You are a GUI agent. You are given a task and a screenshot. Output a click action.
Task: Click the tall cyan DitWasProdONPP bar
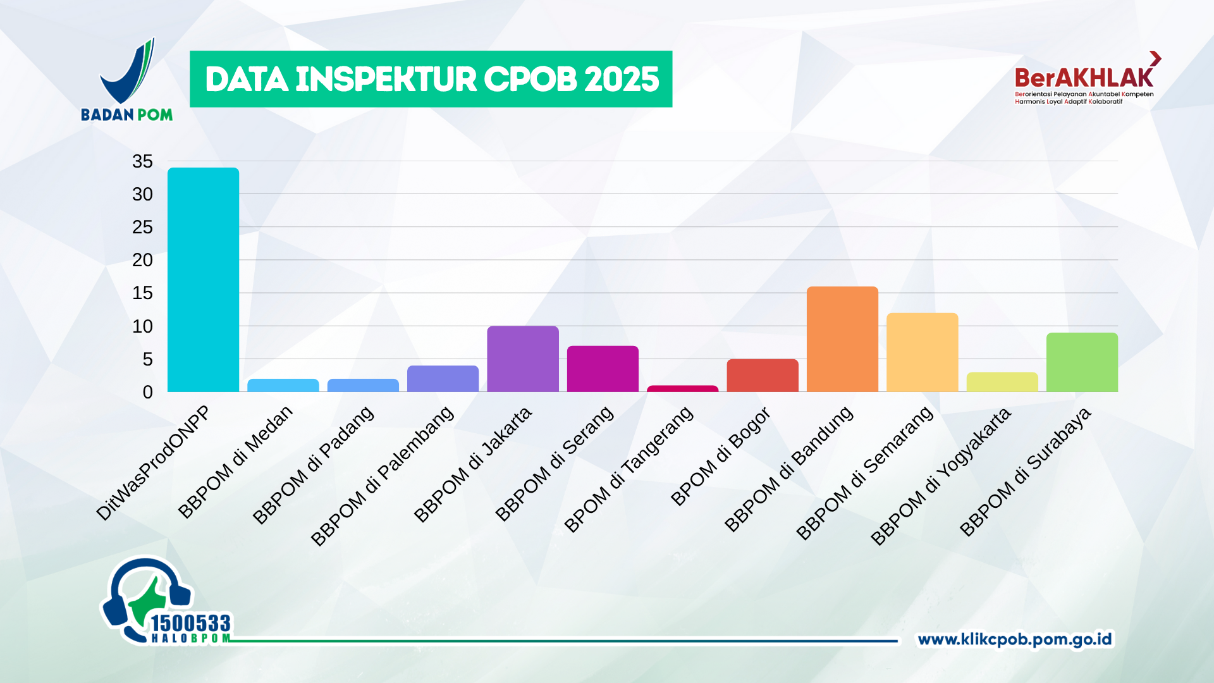click(x=203, y=280)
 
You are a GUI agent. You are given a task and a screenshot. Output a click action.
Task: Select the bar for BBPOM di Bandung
click(x=842, y=339)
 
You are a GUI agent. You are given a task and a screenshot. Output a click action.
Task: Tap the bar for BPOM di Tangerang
click(x=682, y=388)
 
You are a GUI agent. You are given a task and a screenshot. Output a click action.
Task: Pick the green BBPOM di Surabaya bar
click(x=1082, y=362)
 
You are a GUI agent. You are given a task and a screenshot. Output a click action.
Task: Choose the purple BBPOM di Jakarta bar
click(x=523, y=359)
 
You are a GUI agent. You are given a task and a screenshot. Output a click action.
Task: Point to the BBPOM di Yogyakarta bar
click(x=1002, y=382)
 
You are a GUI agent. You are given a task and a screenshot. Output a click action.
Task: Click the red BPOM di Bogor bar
click(x=763, y=376)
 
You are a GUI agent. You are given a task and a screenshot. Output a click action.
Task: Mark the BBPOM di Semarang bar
click(x=922, y=352)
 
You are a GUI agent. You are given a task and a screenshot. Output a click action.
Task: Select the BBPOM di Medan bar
click(x=283, y=385)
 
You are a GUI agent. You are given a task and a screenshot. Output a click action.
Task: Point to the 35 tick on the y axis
click(x=142, y=162)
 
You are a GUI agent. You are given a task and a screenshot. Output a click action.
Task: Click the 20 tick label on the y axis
click(x=142, y=260)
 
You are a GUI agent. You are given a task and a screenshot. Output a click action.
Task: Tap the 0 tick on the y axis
click(x=147, y=392)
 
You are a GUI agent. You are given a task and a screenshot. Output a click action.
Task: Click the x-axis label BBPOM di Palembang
click(x=383, y=476)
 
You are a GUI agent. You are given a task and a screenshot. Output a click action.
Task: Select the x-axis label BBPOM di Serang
click(x=554, y=464)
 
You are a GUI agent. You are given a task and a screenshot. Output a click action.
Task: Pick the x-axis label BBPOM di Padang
click(x=313, y=465)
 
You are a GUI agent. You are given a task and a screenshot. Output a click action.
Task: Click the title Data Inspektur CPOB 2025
click(x=431, y=79)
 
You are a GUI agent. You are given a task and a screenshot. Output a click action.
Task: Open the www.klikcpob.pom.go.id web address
click(x=1014, y=639)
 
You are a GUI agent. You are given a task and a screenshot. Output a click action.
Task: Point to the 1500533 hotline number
click(x=190, y=624)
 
